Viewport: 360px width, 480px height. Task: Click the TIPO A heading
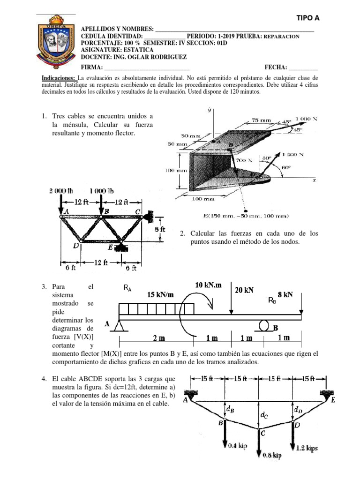(x=307, y=18)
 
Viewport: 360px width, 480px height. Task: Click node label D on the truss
(x=76, y=245)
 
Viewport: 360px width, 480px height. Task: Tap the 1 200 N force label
(x=295, y=154)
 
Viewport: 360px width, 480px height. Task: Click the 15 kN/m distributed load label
(x=160, y=295)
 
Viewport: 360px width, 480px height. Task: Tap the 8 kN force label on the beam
(x=285, y=295)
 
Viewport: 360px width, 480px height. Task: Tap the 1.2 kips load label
(x=307, y=448)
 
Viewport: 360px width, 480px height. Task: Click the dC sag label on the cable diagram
(x=264, y=415)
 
